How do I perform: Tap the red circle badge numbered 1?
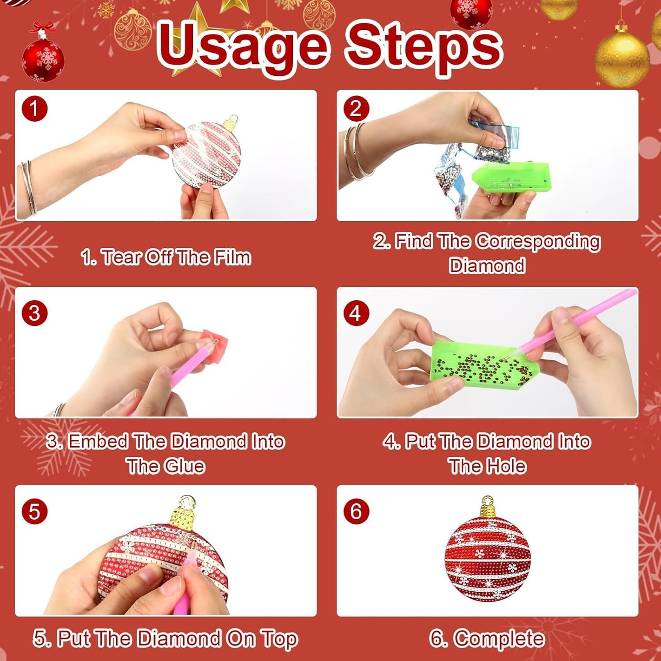point(34,109)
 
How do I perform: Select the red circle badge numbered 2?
point(356,109)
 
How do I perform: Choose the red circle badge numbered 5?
point(34,511)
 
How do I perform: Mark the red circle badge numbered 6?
point(356,511)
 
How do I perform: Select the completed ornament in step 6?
point(487,555)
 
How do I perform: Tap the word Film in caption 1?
point(232,258)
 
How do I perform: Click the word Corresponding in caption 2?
point(538,242)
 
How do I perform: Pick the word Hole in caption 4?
point(506,466)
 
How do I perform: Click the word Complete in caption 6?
point(499,639)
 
